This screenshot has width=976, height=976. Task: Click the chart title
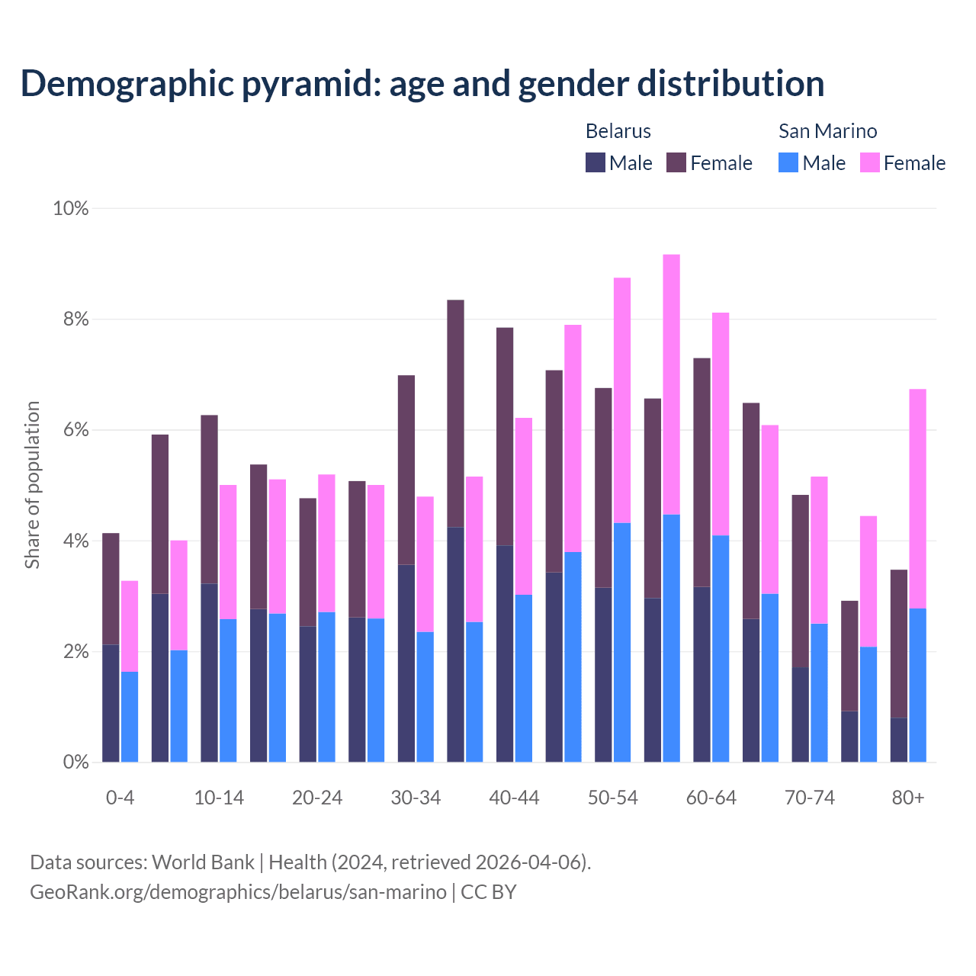click(x=422, y=83)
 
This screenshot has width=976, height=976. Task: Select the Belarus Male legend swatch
click(x=596, y=162)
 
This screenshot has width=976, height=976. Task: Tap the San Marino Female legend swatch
click(x=870, y=162)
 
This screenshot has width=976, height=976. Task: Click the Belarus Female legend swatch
click(x=676, y=162)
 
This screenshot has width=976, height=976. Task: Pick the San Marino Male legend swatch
click(x=788, y=162)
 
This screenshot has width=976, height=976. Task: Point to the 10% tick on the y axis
click(x=70, y=208)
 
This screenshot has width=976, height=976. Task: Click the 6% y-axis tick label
click(x=75, y=430)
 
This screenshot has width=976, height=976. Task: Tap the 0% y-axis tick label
click(x=75, y=762)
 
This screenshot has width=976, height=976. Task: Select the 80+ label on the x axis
click(x=908, y=798)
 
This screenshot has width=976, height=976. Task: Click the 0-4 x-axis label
click(x=120, y=798)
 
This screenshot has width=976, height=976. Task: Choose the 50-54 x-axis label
click(x=613, y=798)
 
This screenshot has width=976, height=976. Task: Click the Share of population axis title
click(x=33, y=485)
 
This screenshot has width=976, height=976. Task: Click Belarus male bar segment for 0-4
click(x=111, y=703)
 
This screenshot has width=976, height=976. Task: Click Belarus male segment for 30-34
click(x=406, y=663)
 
